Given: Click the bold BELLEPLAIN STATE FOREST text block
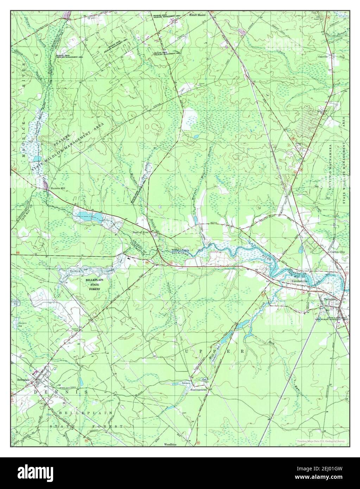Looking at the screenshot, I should [93, 284].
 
